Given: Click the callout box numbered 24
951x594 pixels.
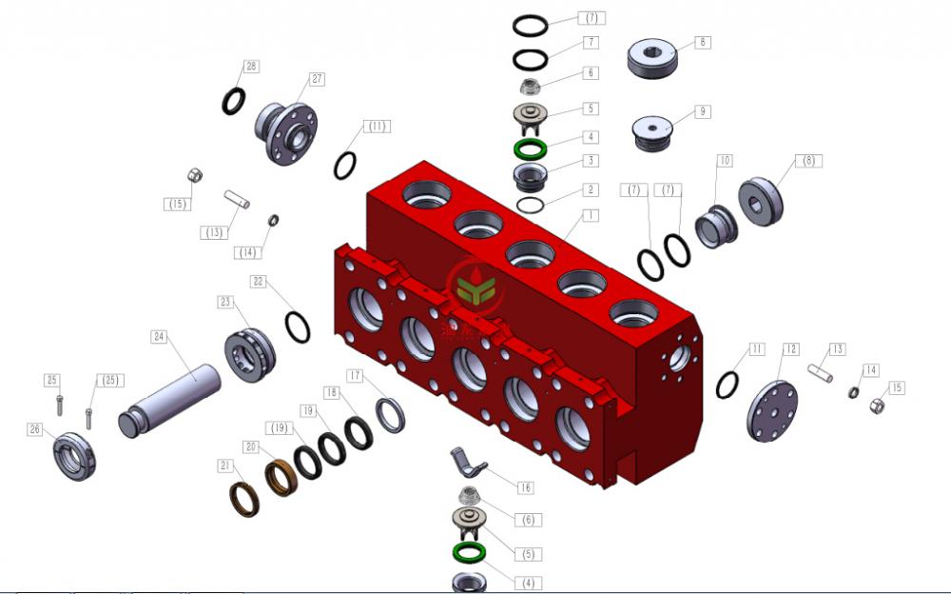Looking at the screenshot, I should pos(159,337).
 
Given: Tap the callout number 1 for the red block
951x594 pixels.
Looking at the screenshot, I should pos(591,216).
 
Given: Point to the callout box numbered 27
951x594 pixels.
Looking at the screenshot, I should pos(317,79).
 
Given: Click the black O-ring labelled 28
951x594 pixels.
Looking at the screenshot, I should pos(234,100).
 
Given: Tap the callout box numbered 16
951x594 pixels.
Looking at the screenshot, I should pos(524,487).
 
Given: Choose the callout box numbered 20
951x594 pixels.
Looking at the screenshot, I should pos(251,446).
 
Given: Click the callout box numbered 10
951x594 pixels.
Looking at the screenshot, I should pos(725,161).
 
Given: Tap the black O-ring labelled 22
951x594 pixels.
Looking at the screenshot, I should pos(298,327).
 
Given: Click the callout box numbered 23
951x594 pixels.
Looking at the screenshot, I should pos(225,302).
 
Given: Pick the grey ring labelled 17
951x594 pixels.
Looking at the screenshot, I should pos(391,414).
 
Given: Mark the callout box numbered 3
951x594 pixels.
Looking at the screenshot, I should pos(591,161).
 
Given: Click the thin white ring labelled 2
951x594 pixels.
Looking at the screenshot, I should pos(530,204).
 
